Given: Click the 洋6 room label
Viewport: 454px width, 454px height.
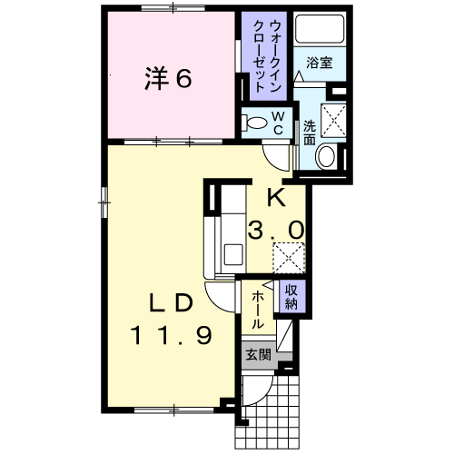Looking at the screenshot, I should (166, 79).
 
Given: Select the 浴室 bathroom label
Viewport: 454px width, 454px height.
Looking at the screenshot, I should (318, 63).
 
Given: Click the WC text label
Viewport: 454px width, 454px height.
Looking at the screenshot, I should (279, 122).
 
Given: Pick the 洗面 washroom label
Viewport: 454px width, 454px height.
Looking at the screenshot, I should (309, 133).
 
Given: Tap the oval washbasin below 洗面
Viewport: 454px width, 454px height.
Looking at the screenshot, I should (324, 158).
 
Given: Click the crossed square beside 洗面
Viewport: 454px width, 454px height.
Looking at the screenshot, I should (336, 119).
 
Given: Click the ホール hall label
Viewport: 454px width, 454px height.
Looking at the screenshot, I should (259, 310).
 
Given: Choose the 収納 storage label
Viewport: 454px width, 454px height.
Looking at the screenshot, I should (291, 296).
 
